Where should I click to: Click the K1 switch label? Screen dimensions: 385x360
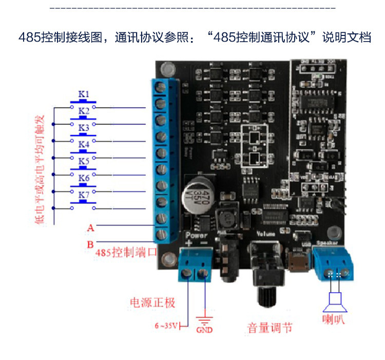click(84, 94)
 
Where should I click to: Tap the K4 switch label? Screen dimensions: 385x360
click(84, 144)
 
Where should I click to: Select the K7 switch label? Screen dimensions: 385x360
click(84, 195)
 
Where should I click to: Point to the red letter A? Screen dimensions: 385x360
click(90, 226)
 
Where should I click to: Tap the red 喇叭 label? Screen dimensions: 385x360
click(335, 319)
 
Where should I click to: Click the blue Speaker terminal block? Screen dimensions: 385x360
click(334, 263)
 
